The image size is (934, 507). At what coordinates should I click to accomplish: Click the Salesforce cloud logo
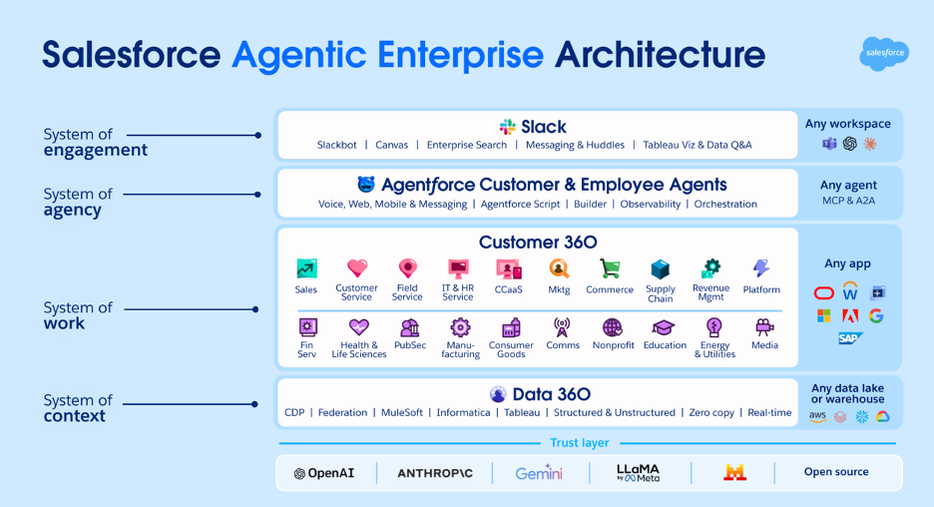[883, 53]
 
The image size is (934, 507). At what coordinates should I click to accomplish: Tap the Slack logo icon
[508, 127]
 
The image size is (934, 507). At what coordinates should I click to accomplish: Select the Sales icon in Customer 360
[306, 269]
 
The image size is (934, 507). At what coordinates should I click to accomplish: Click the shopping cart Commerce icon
[609, 269]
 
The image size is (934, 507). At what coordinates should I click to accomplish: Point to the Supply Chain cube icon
[660, 269]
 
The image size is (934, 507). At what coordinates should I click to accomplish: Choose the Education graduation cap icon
[664, 327]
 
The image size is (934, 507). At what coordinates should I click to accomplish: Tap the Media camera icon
[764, 327]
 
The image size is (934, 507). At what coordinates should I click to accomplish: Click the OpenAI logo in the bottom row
[323, 473]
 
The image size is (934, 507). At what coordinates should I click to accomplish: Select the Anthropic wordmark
[435, 473]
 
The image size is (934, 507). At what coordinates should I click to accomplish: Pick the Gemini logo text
[539, 473]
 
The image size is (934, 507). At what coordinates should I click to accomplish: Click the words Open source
[836, 472]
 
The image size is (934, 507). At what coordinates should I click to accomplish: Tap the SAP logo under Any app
[850, 339]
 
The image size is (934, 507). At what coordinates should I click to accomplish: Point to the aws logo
[817, 416]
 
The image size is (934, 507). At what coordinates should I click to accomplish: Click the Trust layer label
[579, 443]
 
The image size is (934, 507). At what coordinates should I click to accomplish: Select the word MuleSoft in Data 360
[400, 412]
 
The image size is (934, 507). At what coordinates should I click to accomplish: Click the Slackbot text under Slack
[336, 145]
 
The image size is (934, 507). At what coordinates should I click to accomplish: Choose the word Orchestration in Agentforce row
[725, 204]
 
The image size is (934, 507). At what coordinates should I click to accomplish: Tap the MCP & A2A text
[850, 201]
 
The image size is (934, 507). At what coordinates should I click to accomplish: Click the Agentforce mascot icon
[366, 185]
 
